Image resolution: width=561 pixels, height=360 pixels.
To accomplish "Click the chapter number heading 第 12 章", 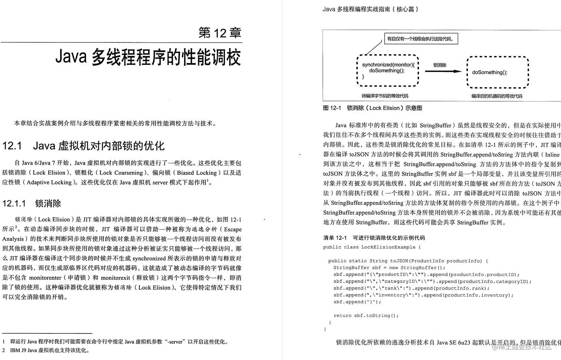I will click(220, 33).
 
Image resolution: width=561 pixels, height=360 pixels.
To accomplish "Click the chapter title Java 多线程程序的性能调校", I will click(148, 58).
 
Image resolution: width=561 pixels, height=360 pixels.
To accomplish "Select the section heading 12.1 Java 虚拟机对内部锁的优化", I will click(83, 146).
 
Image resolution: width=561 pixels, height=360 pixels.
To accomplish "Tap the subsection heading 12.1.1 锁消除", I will click(32, 203).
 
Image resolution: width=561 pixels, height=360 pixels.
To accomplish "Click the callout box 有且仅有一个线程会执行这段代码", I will click(420, 39).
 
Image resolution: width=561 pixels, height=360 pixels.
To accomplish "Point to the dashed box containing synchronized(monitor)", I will click(387, 71).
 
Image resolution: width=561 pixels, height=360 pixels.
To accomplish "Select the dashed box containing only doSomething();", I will click(497, 72).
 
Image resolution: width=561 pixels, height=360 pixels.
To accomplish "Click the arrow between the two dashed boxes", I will click(443, 71).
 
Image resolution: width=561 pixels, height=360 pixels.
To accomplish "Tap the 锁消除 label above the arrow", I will click(440, 65).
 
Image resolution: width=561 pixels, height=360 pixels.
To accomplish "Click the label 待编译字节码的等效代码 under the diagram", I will click(385, 96).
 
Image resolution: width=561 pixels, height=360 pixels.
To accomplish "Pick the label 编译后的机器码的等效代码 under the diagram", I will click(497, 96).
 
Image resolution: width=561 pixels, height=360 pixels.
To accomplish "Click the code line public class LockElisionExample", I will click(372, 247).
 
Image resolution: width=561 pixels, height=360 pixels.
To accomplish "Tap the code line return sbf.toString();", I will click(366, 315).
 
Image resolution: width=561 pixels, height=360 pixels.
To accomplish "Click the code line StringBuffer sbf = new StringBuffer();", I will click(389, 268).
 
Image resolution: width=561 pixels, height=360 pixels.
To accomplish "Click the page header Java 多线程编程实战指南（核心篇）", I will click(371, 9).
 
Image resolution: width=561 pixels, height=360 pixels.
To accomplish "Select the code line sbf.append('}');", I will click(357, 302).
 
